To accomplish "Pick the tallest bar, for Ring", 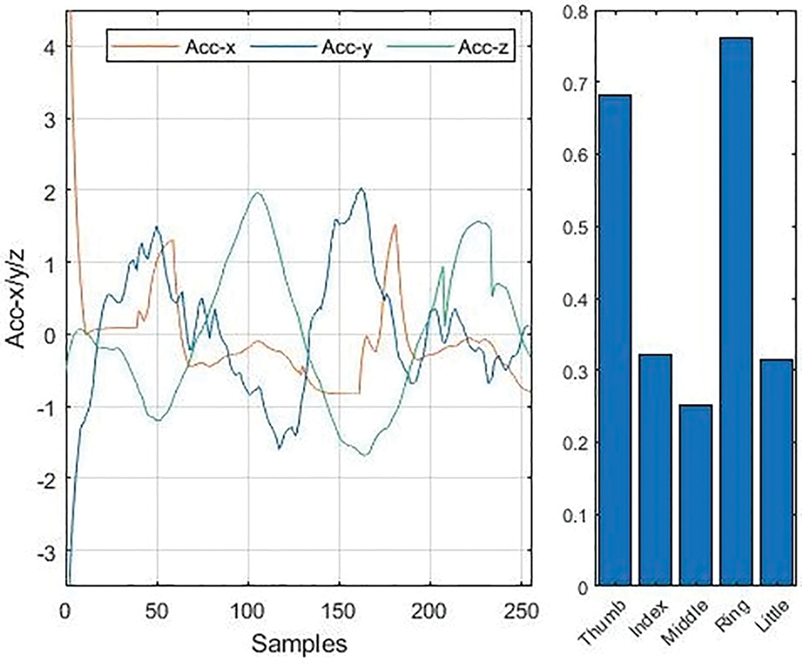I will (x=735, y=313).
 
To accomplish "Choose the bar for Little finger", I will (x=774, y=473).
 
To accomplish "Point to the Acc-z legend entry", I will (x=480, y=47).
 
